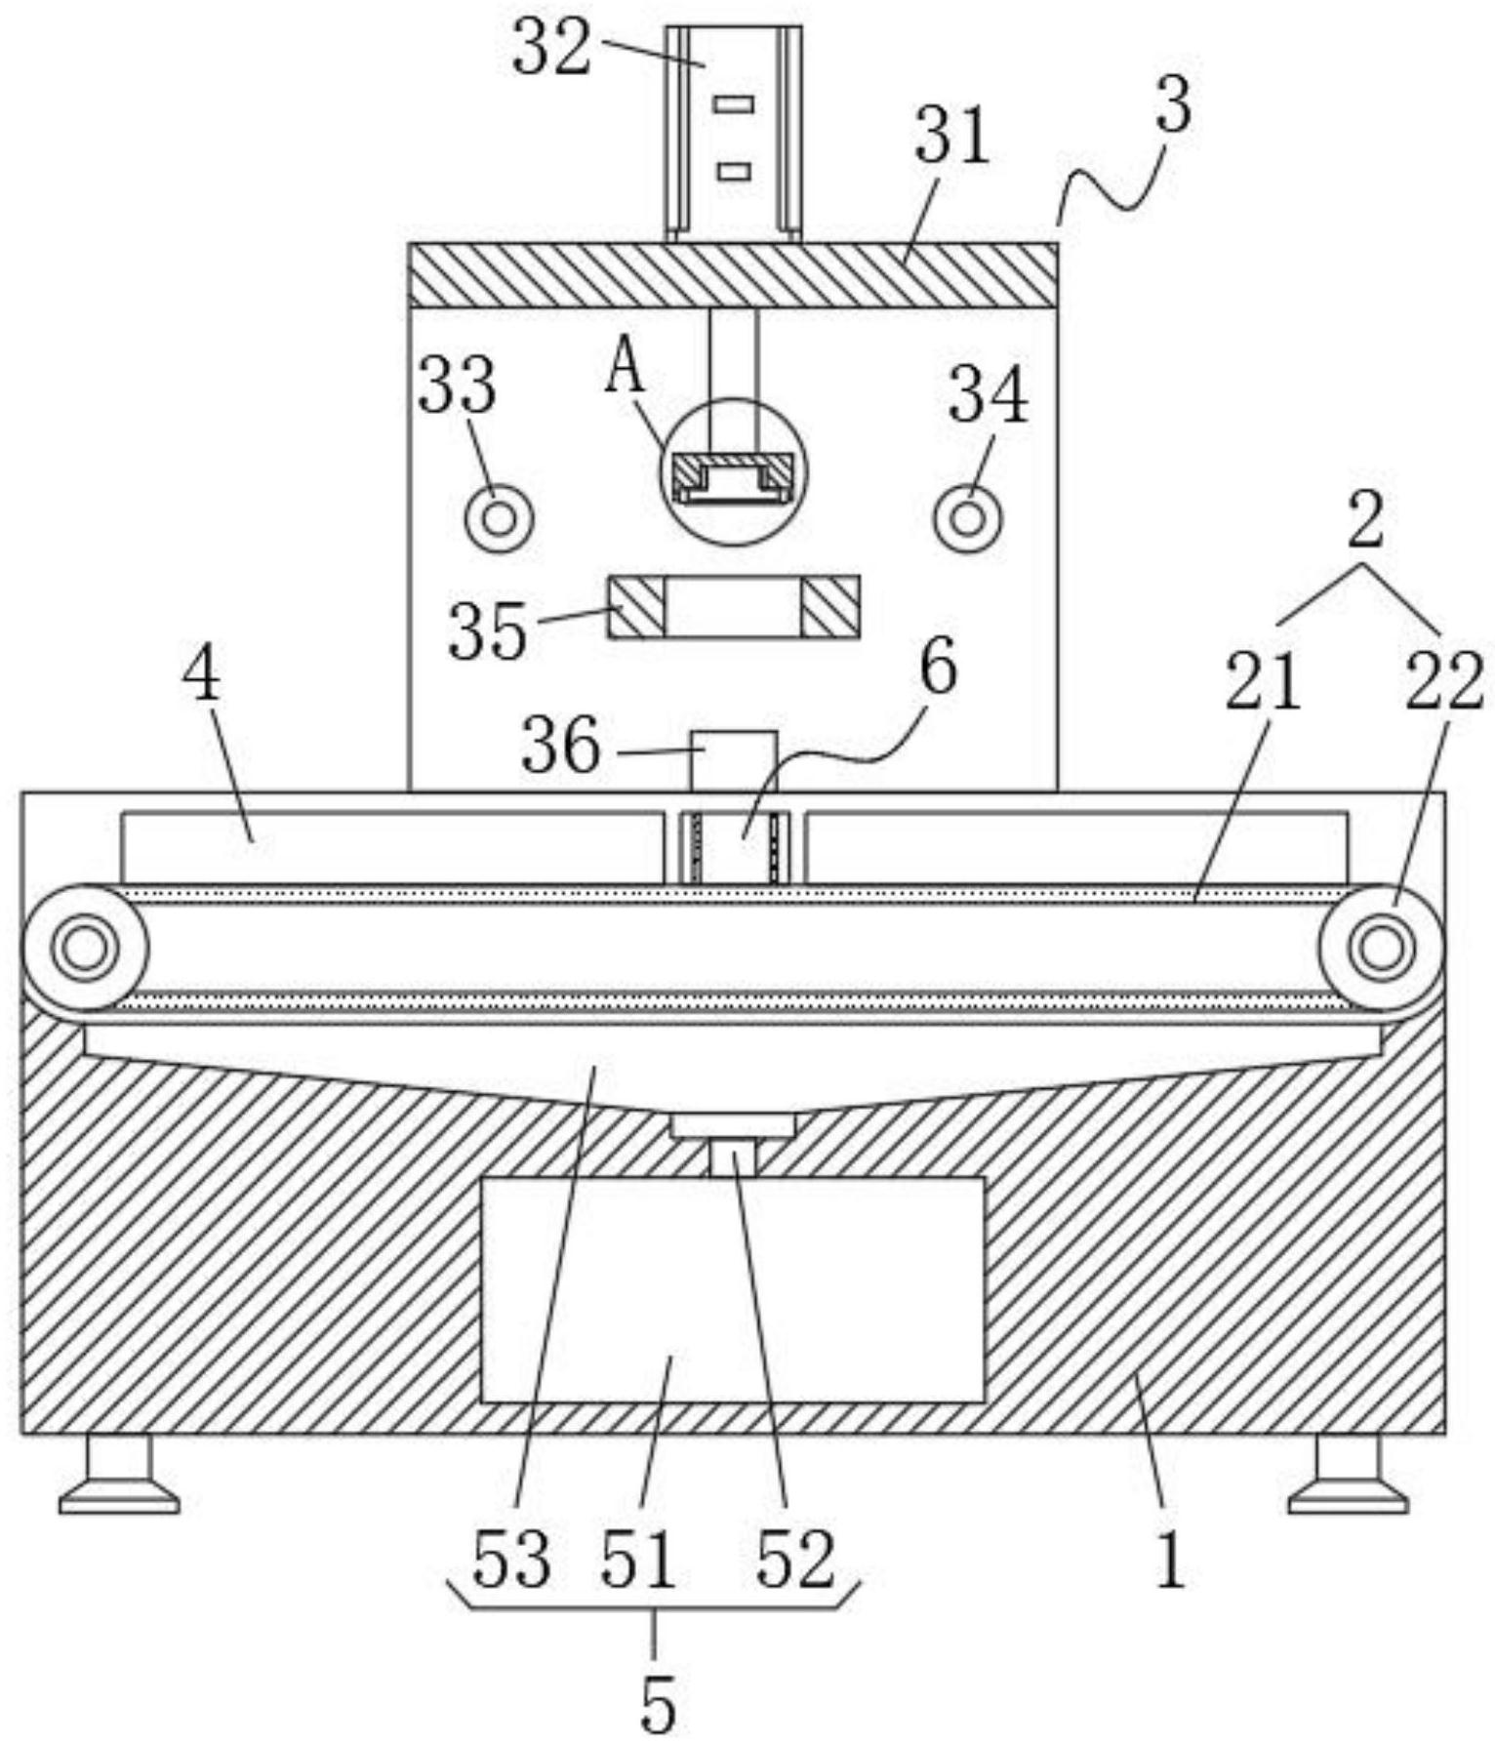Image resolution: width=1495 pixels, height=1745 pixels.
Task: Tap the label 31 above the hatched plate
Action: [x=951, y=137]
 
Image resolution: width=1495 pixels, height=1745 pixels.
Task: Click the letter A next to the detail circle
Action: [x=625, y=369]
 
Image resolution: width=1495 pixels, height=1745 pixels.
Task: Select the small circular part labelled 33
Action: [x=499, y=517]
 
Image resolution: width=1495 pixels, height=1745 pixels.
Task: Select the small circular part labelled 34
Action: [x=968, y=517]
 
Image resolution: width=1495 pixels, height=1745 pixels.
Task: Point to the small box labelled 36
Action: [x=734, y=760]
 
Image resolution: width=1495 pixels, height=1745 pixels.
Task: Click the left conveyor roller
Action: [x=85, y=947]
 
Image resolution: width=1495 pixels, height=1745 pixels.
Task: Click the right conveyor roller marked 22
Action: [x=1381, y=947]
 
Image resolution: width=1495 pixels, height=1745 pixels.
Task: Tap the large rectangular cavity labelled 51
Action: [x=732, y=1288]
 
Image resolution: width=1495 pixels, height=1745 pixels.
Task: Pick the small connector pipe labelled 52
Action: [x=733, y=1158]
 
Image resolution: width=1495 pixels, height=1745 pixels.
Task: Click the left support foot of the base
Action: [x=119, y=1474]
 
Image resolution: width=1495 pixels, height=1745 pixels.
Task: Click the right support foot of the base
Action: [x=1348, y=1474]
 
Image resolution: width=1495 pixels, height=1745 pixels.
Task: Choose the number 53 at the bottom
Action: [x=511, y=1559]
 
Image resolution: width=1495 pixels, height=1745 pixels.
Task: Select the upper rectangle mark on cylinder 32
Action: [x=733, y=103]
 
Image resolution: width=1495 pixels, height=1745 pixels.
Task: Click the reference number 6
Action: [x=938, y=670]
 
